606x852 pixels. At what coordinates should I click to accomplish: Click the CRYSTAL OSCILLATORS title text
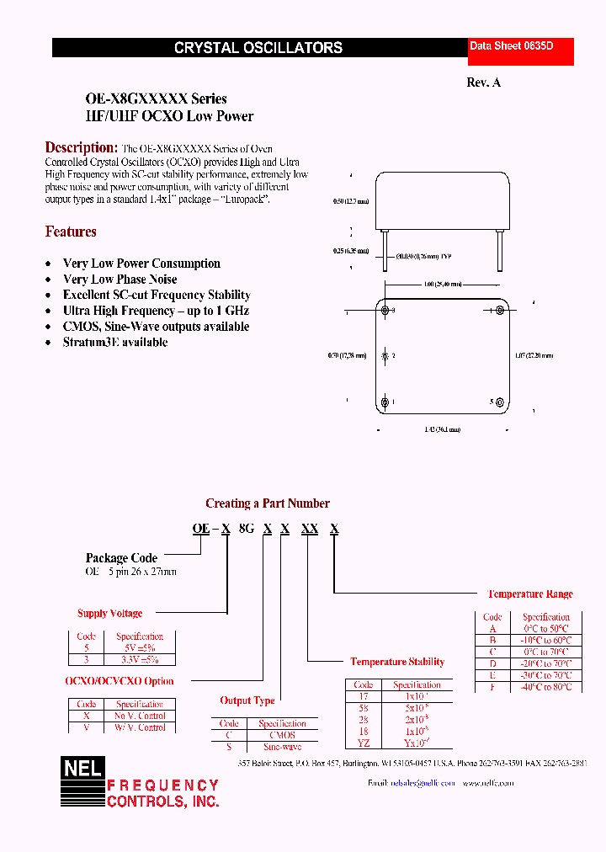258,48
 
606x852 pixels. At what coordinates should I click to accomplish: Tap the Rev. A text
483,83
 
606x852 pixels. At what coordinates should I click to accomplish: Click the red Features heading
71,232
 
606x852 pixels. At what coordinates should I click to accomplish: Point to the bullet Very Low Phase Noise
120,280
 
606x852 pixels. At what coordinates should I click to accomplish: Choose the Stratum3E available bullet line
115,343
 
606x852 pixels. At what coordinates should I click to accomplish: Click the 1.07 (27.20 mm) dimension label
534,356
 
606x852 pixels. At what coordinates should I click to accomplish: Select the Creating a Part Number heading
268,503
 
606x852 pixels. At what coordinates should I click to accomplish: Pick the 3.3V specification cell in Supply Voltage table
140,660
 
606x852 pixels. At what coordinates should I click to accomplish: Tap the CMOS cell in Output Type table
282,735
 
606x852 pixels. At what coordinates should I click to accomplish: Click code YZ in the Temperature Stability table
363,743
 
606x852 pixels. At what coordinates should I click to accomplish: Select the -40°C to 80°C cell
546,687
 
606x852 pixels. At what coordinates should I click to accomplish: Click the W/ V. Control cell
140,727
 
